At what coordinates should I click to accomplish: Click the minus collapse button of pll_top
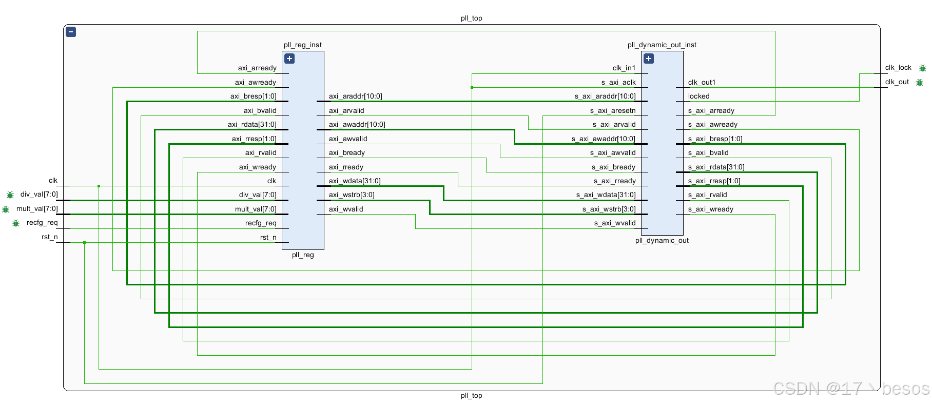(x=71, y=32)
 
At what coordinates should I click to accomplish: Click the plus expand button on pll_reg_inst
(x=289, y=59)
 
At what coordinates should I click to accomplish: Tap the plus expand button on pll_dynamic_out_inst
(x=649, y=59)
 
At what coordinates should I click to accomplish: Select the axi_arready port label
(x=257, y=68)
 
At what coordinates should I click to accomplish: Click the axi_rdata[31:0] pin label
(x=252, y=124)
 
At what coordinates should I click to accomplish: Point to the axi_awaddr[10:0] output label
(x=357, y=124)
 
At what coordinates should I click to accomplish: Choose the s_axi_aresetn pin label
(x=613, y=110)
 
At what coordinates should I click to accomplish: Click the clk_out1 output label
(x=702, y=82)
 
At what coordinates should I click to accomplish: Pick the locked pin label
(x=698, y=96)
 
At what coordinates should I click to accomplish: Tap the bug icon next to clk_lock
(x=922, y=68)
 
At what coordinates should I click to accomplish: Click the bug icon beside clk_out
(x=919, y=82)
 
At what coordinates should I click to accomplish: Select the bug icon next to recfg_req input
(x=16, y=223)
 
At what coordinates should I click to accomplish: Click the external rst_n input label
(x=50, y=237)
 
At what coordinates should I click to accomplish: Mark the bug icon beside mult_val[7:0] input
(x=6, y=209)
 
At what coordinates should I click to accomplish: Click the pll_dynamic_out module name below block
(x=662, y=240)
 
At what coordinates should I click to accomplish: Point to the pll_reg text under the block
(x=303, y=255)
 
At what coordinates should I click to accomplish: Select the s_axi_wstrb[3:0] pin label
(x=609, y=209)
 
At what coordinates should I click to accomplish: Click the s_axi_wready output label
(x=710, y=209)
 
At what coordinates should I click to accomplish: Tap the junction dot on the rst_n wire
(x=84, y=242)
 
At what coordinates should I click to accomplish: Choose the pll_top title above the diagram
(x=471, y=18)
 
